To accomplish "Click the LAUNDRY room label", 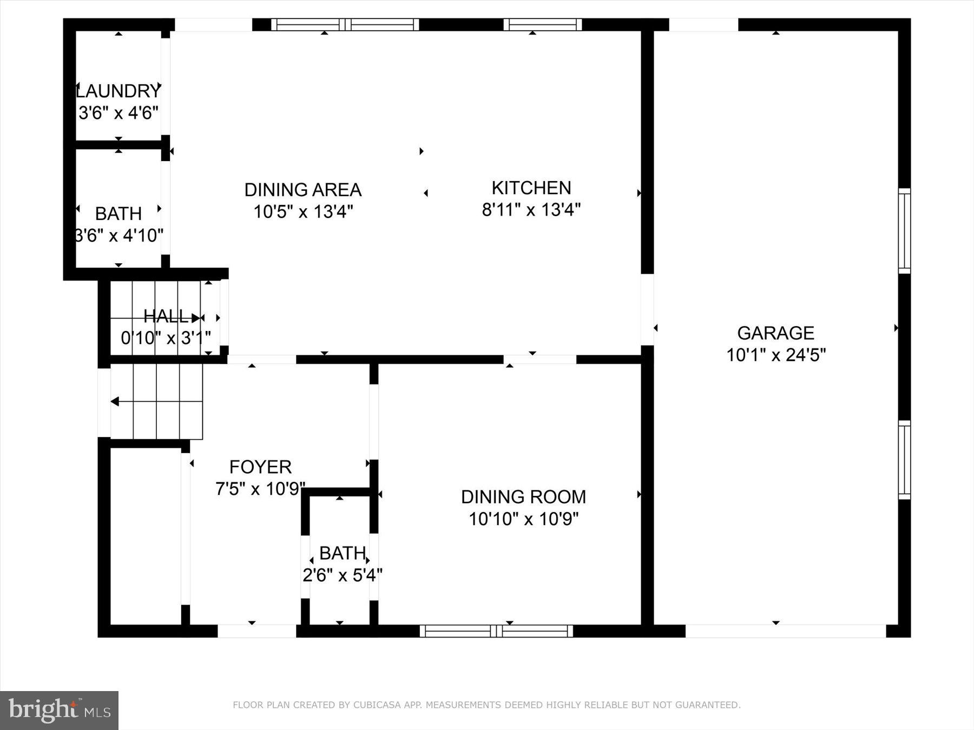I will pyautogui.click(x=119, y=90).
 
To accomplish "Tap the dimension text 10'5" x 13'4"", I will pyautogui.click(x=303, y=211).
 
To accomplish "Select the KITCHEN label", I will pyautogui.click(x=531, y=188).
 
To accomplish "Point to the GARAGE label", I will pyautogui.click(x=775, y=333).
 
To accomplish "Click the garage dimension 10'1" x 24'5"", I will pyautogui.click(x=775, y=355).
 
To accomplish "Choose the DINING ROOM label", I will pyautogui.click(x=523, y=496).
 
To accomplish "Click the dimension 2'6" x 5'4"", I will pyautogui.click(x=342, y=575).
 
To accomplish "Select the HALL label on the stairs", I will pyautogui.click(x=166, y=316).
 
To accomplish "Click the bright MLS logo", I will pyautogui.click(x=59, y=710).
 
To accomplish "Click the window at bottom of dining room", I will pyautogui.click(x=496, y=631).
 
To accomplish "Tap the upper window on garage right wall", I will pyautogui.click(x=904, y=231).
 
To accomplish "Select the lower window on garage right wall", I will pyautogui.click(x=904, y=460).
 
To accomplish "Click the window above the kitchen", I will pyautogui.click(x=542, y=24).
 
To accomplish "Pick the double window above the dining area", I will pyautogui.click(x=345, y=24).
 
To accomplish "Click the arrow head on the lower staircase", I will pyautogui.click(x=115, y=401).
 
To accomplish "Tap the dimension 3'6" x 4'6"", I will pyautogui.click(x=119, y=113).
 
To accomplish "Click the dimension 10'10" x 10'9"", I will pyautogui.click(x=523, y=519).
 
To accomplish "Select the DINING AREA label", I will pyautogui.click(x=303, y=189).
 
